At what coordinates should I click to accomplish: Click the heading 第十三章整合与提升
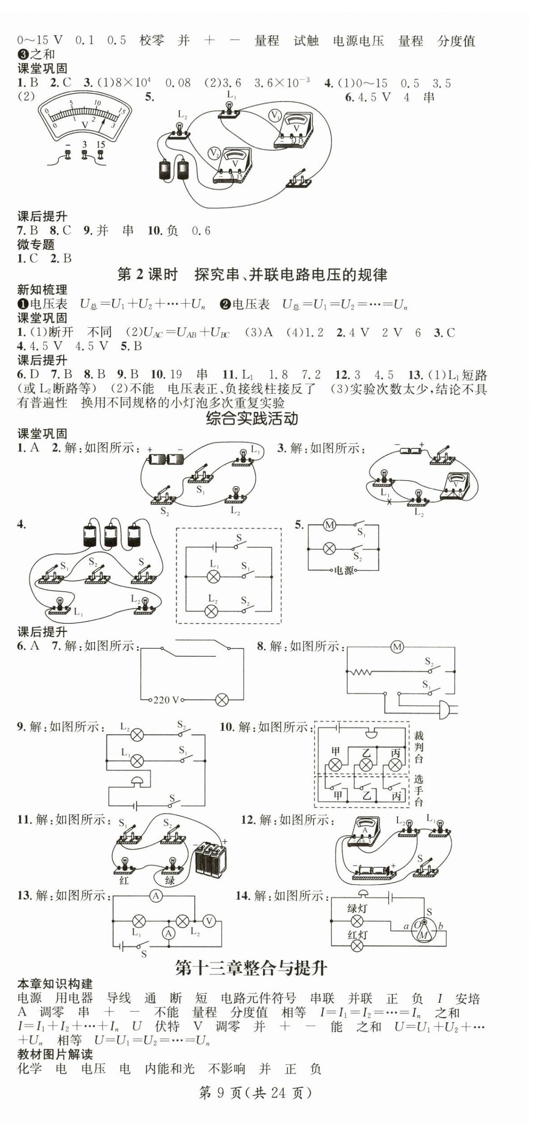[x=251, y=968]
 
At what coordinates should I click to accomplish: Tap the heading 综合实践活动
[x=251, y=418]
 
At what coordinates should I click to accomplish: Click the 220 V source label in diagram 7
[x=165, y=700]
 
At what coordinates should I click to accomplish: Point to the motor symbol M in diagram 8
[x=397, y=646]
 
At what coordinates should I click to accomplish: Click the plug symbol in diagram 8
[x=446, y=709]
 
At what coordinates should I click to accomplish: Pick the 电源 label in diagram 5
[x=343, y=570]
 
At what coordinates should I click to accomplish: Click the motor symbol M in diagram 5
[x=330, y=525]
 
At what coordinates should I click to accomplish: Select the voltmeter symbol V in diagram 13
[x=209, y=921]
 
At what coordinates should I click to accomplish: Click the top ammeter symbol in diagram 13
[x=156, y=896]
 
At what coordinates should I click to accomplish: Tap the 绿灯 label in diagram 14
[x=357, y=908]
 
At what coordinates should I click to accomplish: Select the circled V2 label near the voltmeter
[x=214, y=153]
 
